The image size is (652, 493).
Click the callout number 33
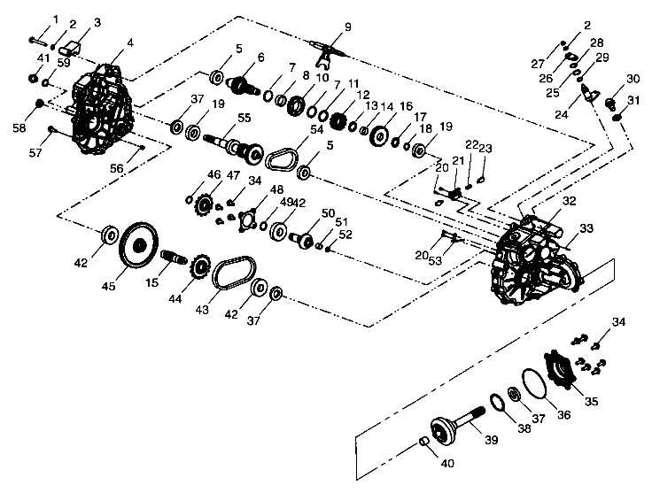(x=585, y=229)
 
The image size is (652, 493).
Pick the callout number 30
(x=633, y=78)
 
